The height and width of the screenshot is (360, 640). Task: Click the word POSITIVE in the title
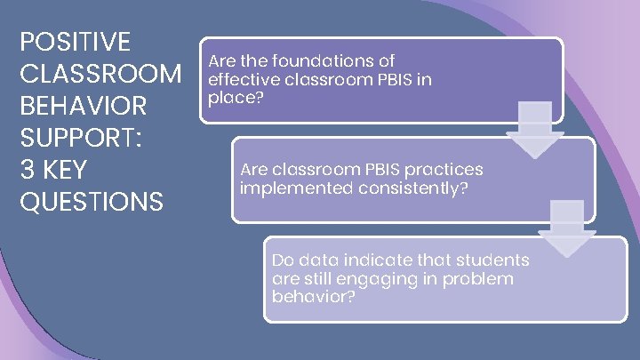coord(75,42)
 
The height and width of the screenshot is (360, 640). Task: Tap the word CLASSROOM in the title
coord(100,74)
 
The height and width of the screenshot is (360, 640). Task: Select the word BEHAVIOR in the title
coord(84,106)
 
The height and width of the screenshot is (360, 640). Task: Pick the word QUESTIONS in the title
coord(92,202)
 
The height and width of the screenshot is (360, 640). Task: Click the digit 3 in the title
coord(27,170)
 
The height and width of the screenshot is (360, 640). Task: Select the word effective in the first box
coord(240,79)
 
